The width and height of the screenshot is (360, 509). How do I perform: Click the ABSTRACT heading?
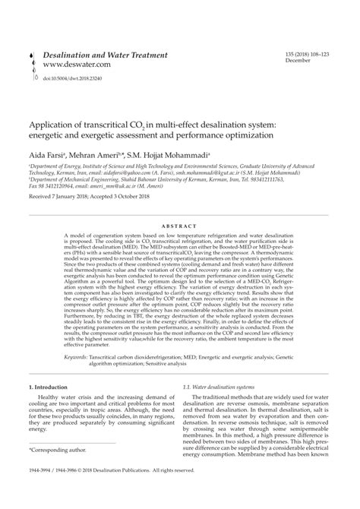pyautogui.click(x=180, y=227)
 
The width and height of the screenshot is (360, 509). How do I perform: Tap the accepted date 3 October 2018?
pyautogui.click(x=153, y=197)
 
